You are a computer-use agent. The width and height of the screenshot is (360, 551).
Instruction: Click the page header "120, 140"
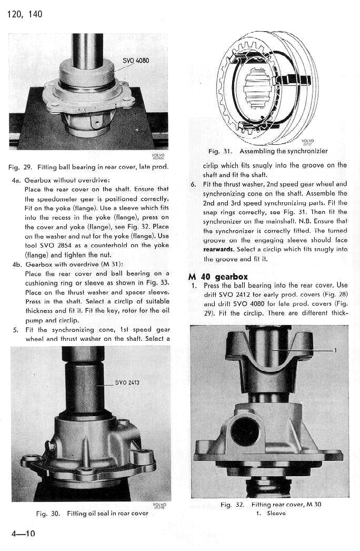click(25, 14)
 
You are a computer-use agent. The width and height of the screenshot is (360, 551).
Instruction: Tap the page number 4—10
click(23, 534)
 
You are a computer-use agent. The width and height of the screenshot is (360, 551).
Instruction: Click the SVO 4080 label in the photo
click(136, 61)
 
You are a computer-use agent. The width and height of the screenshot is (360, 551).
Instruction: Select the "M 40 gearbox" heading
click(218, 277)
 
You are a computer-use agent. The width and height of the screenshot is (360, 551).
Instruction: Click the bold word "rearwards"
click(218, 249)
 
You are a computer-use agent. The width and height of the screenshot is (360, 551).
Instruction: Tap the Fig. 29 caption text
click(88, 168)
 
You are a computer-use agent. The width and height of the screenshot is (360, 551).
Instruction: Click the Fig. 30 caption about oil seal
click(92, 513)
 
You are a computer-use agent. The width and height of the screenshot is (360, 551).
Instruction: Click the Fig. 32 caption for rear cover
click(271, 505)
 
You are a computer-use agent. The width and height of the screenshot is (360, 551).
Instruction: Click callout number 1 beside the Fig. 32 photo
click(336, 350)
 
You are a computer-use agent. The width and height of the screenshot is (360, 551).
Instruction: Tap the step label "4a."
click(16, 180)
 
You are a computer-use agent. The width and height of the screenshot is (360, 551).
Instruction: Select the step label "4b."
click(16, 264)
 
